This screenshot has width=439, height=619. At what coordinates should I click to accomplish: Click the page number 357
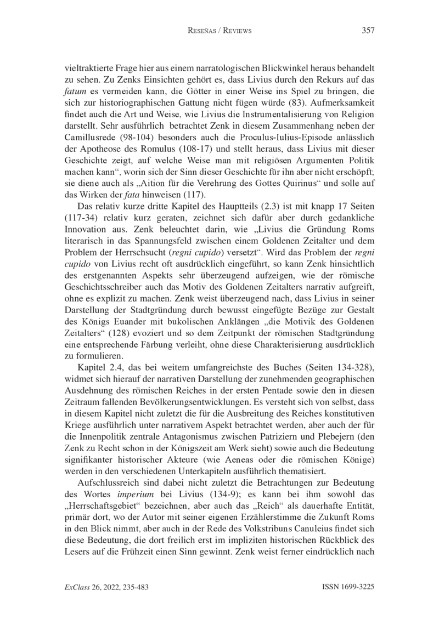pyautogui.click(x=368, y=31)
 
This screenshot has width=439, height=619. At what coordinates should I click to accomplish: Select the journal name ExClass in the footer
pyautogui.click(x=77, y=586)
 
